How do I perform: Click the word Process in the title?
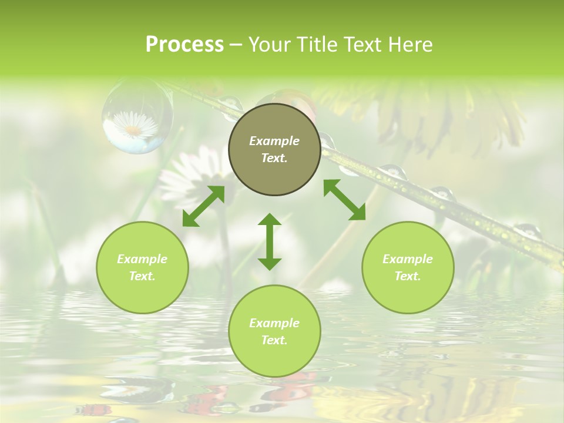(x=184, y=45)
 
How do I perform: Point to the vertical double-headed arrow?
(x=270, y=241)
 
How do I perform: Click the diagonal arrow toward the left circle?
(x=203, y=206)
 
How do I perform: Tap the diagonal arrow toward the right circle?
(x=344, y=200)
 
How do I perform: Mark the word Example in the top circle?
(x=274, y=141)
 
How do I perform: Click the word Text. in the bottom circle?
(x=274, y=340)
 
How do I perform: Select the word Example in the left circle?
(x=142, y=259)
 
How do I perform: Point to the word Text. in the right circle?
(x=408, y=276)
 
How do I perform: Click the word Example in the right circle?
(x=408, y=259)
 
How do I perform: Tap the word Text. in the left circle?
(x=142, y=276)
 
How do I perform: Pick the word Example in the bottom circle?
(x=274, y=323)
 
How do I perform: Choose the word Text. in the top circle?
(x=274, y=158)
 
